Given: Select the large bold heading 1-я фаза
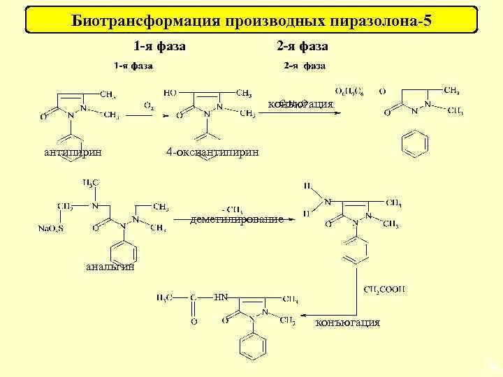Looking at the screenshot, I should tap(159, 46).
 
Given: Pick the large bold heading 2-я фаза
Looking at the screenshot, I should tap(302, 46).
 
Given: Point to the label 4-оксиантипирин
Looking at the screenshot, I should tap(212, 152).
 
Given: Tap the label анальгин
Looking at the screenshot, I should tap(110, 266).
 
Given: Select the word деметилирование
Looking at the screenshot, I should tap(237, 219).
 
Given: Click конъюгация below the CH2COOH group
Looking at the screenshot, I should tap(348, 323).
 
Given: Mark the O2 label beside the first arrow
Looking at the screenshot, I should tap(149, 105).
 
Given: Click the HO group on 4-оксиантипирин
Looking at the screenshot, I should tap(170, 92).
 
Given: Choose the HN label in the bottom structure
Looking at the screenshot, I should tap(221, 297).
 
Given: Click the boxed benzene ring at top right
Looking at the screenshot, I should tap(416, 144).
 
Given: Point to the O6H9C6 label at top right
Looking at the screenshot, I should tap(349, 91).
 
